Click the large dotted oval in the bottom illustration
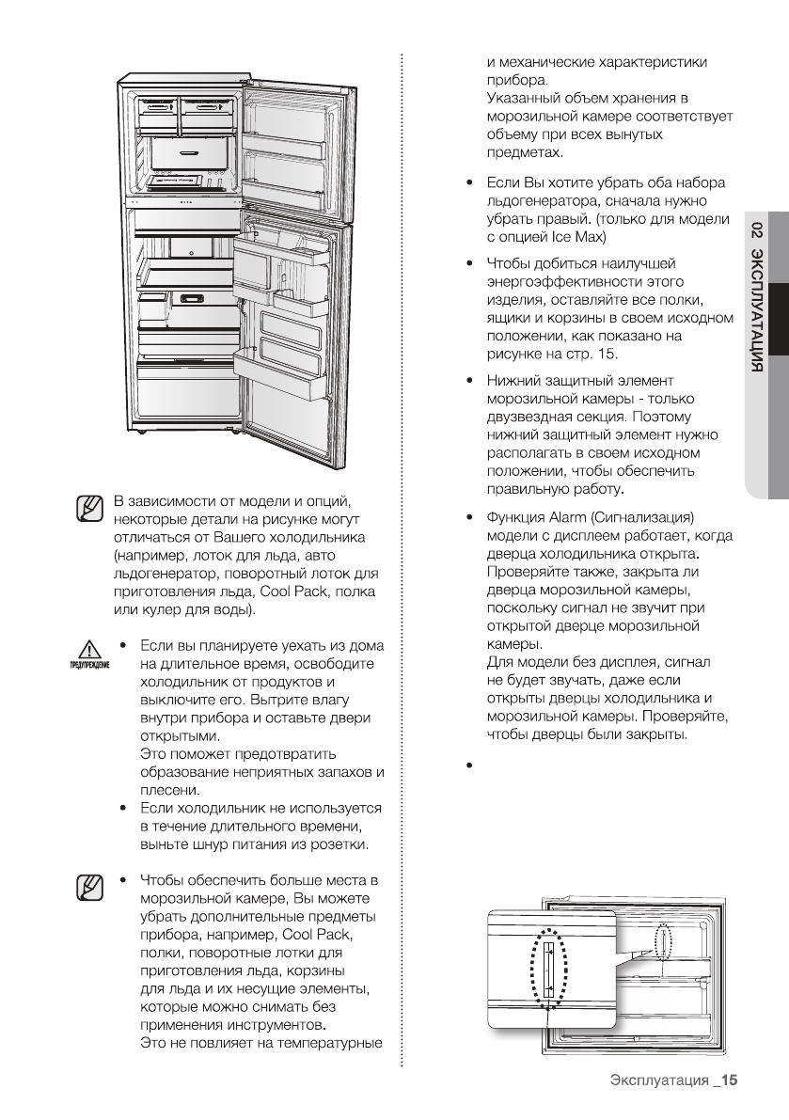pyautogui.click(x=548, y=969)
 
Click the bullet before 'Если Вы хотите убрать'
pyautogui.click(x=468, y=183)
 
